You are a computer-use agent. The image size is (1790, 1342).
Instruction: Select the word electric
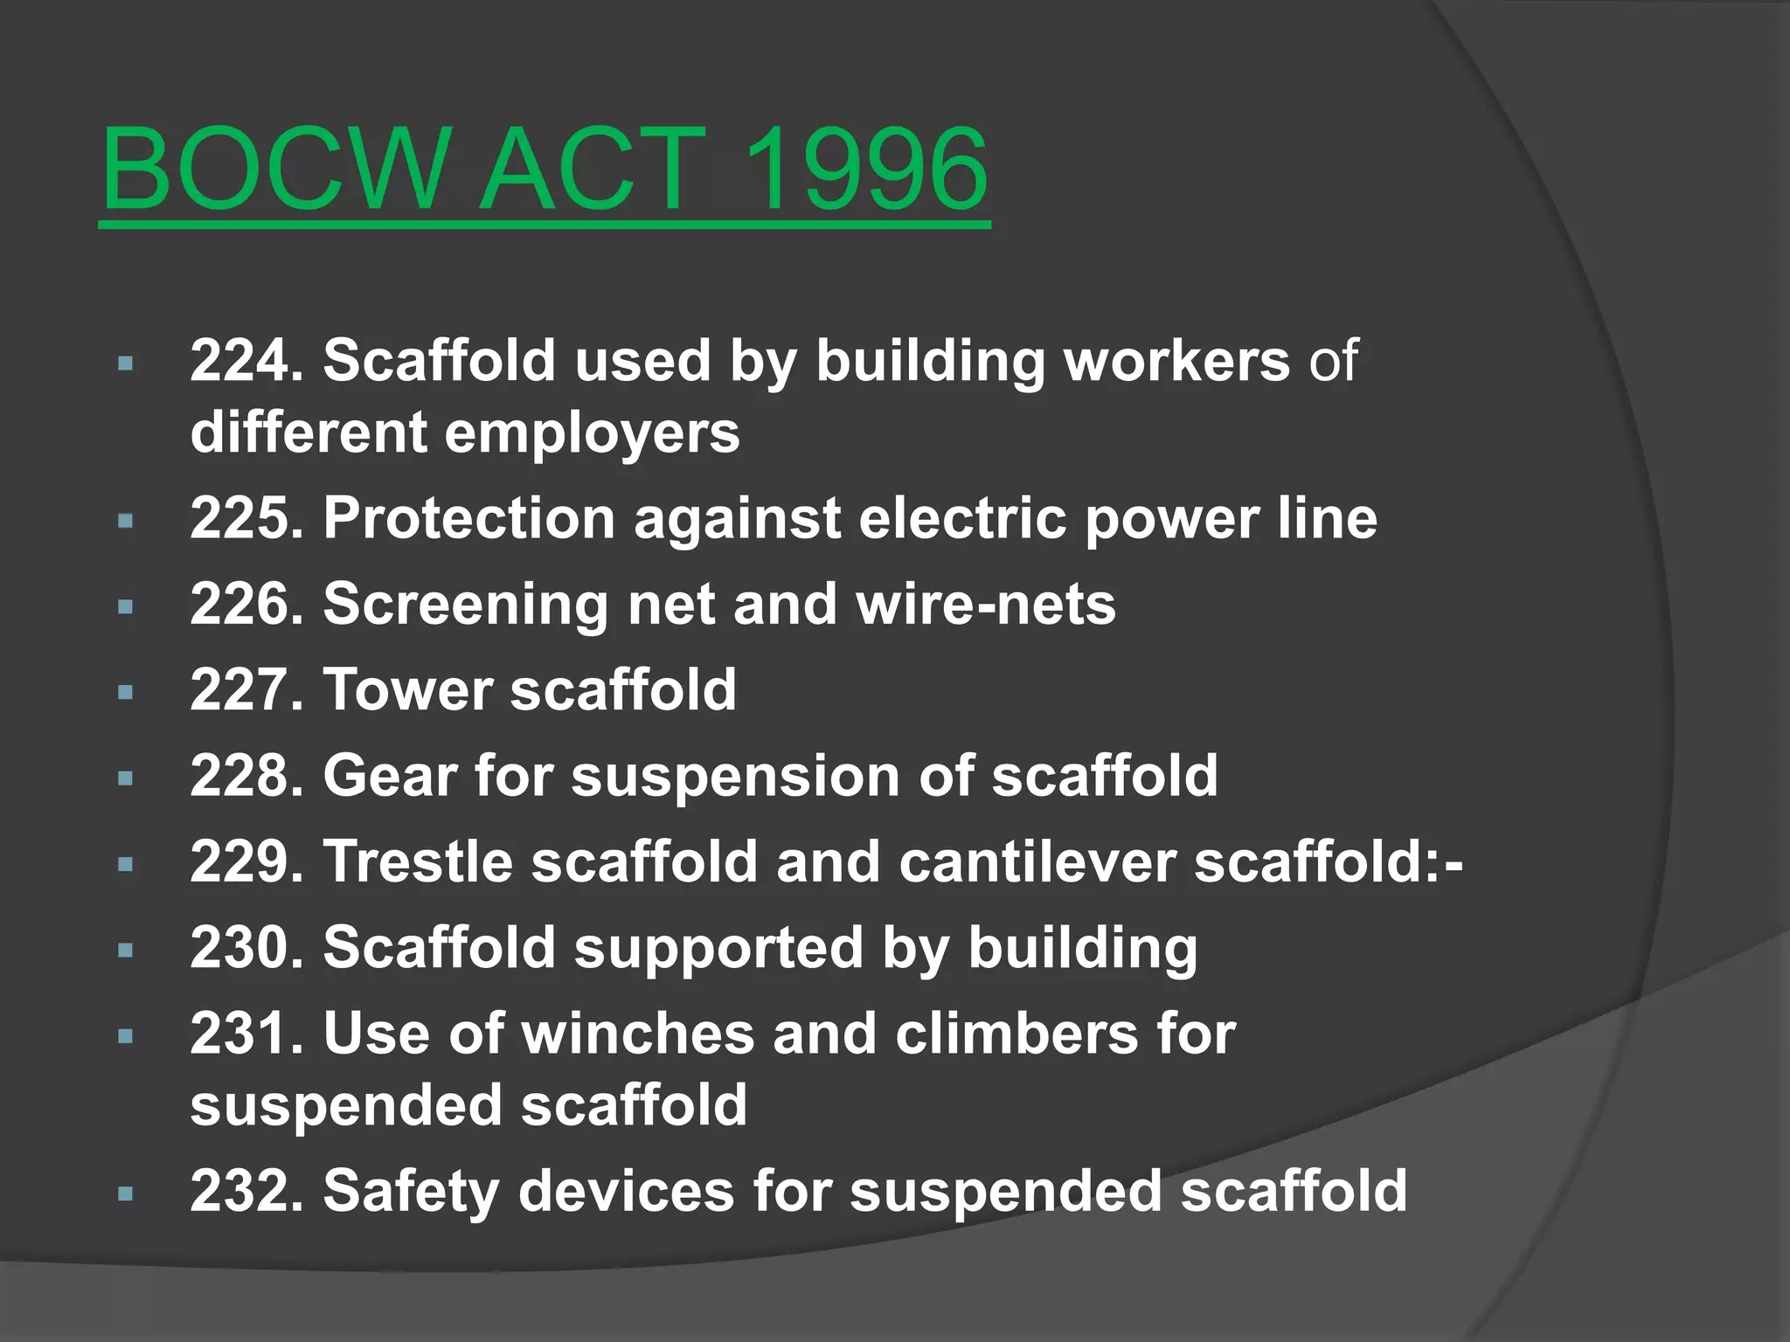962,518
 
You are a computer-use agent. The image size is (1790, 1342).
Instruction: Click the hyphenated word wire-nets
986,604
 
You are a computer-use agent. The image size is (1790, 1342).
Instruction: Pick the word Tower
407,689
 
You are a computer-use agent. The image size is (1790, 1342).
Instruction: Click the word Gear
390,775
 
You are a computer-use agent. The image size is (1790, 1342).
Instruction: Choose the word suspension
735,777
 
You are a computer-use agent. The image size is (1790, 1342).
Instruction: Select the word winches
638,1034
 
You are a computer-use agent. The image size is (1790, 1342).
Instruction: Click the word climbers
1016,1034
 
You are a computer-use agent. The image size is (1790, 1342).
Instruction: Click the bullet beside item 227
126,692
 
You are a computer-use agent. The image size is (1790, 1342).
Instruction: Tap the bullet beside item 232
126,1193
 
